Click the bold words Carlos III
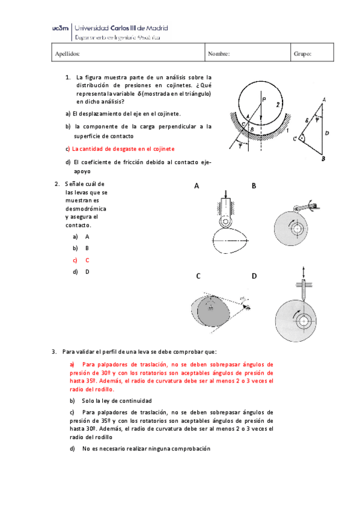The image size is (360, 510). pyautogui.click(x=129, y=28)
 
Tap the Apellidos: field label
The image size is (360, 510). pyautogui.click(x=67, y=54)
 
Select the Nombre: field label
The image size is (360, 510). pyautogui.click(x=219, y=54)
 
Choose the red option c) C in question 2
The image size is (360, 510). pyautogui.click(x=81, y=260)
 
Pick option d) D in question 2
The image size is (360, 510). pyautogui.click(x=81, y=271)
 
